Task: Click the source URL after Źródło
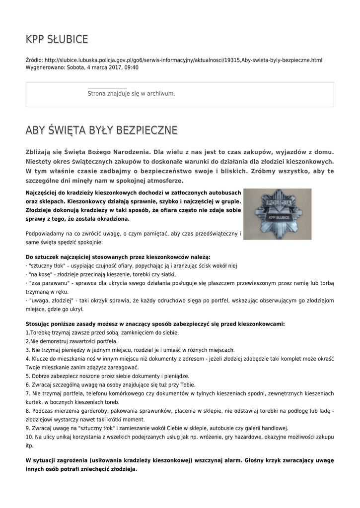click(183, 60)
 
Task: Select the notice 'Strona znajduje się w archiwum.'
click(131, 93)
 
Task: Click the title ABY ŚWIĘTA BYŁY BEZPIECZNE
click(101, 130)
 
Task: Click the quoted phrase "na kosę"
click(40, 274)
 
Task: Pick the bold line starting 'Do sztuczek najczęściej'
click(118, 257)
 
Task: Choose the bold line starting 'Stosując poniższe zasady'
click(155, 324)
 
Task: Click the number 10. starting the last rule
click(29, 437)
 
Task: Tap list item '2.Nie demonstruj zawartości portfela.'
click(72, 341)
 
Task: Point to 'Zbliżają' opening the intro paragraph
click(40, 151)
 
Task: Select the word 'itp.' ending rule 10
click(30, 445)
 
